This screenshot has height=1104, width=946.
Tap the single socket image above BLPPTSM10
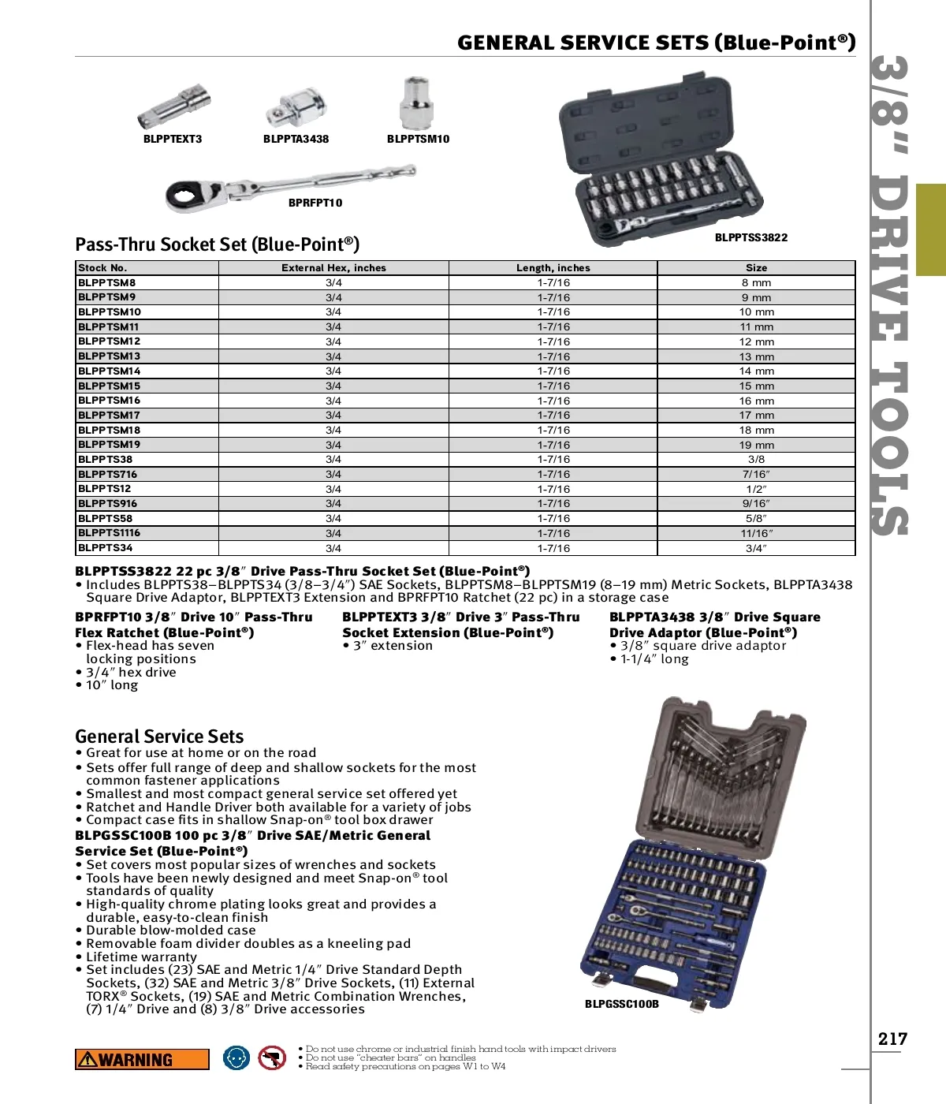[x=417, y=103]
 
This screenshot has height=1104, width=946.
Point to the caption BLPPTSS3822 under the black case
[x=750, y=237]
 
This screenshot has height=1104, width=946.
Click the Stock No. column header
[x=102, y=268]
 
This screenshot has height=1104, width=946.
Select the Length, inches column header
[x=553, y=268]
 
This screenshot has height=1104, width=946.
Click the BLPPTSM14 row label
[x=110, y=371]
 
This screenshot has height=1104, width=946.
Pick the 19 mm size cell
[x=756, y=445]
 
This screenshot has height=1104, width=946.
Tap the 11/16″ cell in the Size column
[x=756, y=533]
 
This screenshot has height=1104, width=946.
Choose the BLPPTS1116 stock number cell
[x=110, y=533]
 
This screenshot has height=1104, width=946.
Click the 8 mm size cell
[x=756, y=282]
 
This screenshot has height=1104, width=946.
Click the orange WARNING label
[x=142, y=1059]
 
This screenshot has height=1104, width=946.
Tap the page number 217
[x=892, y=1039]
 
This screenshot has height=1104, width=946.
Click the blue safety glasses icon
[x=236, y=1057]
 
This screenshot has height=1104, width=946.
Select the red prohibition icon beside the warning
[x=272, y=1057]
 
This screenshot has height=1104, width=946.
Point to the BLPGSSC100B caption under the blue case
[x=621, y=1004]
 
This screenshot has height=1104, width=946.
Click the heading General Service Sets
[x=159, y=737]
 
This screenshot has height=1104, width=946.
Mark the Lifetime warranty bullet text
[x=141, y=957]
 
